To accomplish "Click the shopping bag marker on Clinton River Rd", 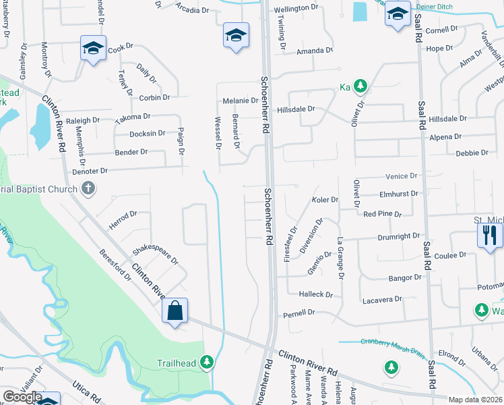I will click(x=175, y=312).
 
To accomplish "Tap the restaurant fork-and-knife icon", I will click(x=489, y=236).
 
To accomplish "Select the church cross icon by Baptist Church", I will click(x=88, y=189).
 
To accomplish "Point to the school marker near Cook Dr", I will click(x=93, y=49).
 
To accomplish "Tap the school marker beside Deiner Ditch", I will click(x=398, y=14).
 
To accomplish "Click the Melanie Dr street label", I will click(x=241, y=101).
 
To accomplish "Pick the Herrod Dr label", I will click(x=123, y=218).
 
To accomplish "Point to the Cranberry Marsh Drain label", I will click(x=392, y=342).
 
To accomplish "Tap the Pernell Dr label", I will click(x=299, y=313).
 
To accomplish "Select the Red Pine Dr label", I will click(x=382, y=214).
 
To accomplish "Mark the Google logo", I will click(x=22, y=397).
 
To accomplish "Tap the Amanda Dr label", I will click(x=315, y=51).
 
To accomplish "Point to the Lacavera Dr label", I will click(x=381, y=299).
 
